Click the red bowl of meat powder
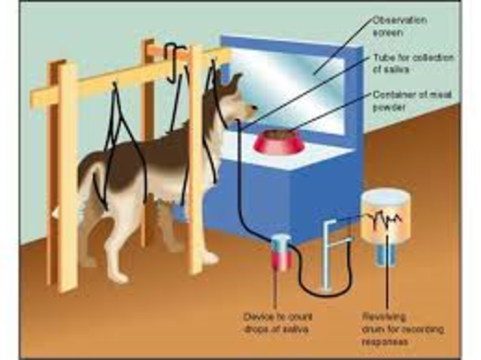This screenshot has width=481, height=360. pos(274,141)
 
